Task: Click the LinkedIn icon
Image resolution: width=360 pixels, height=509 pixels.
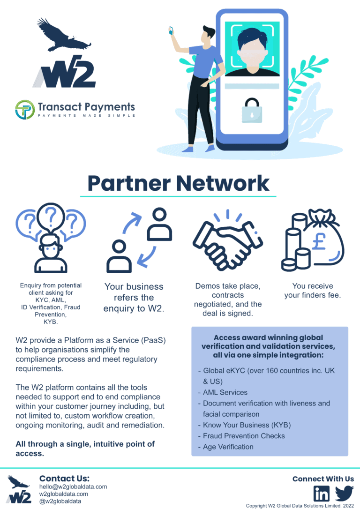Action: click(322, 494)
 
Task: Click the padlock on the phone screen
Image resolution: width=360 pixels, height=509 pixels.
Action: click(252, 110)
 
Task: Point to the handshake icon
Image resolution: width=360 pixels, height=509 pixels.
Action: click(228, 241)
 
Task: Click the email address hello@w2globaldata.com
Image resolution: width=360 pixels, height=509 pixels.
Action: click(73, 487)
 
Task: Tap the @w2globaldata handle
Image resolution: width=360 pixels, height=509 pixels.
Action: click(60, 501)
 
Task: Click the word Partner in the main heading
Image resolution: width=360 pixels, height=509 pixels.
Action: click(129, 183)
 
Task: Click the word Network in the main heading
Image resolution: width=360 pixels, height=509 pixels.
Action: click(223, 183)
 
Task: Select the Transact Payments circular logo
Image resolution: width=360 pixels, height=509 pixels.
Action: click(25, 110)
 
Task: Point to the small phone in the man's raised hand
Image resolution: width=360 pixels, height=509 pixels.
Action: click(171, 30)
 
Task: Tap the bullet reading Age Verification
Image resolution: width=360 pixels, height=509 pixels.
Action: click(228, 447)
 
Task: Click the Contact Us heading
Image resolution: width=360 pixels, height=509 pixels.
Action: click(64, 478)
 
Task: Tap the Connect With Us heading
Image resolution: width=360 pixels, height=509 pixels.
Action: click(323, 479)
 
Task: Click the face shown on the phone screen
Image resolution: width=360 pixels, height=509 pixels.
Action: click(253, 50)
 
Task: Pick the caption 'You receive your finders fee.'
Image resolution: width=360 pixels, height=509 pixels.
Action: click(313, 291)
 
